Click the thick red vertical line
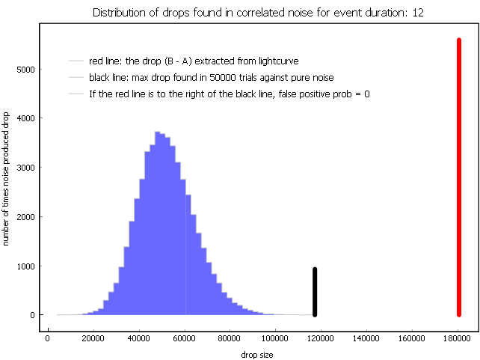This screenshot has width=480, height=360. pos(459,177)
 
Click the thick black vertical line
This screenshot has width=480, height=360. pos(315,292)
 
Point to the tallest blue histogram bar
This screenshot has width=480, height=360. pos(158,223)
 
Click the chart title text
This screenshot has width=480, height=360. pos(258,13)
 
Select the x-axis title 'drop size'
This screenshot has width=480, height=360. pos(257,355)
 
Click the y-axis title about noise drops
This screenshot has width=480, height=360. pos(5,179)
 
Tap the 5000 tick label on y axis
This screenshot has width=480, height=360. pos(25,70)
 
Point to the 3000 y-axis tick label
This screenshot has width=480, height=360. pos(25,168)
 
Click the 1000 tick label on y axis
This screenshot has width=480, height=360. pos(25,266)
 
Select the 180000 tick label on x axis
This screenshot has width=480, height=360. pos(457,338)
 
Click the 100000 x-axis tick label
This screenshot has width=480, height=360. pos(275,338)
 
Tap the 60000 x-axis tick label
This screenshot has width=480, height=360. pos(184,338)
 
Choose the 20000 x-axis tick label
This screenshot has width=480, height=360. pos(93,338)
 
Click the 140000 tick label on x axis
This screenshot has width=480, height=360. pos(366,338)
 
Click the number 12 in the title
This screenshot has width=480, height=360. pos(418,13)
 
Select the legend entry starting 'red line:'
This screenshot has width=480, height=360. pos(194,61)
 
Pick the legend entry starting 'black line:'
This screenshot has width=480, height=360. pos(212,78)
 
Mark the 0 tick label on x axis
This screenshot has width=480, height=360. pos(47,338)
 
